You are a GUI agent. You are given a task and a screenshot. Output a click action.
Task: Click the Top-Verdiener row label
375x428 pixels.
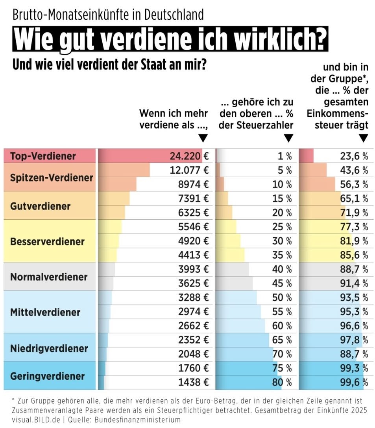(42, 156)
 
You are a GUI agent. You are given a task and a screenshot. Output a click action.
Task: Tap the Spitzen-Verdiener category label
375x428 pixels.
(52, 177)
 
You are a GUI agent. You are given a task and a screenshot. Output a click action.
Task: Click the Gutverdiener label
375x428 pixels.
(40, 206)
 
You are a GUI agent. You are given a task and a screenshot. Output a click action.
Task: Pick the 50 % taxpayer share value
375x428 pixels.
(282, 298)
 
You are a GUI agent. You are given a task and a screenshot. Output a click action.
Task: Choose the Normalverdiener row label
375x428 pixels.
(49, 277)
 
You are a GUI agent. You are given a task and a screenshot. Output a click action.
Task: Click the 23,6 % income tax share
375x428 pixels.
(354, 156)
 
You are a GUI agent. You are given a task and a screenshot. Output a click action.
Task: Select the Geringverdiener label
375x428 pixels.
(47, 376)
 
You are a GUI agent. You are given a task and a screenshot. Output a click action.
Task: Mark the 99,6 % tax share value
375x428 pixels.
(354, 382)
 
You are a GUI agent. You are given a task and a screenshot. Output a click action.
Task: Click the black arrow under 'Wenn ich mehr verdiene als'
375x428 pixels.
(203, 138)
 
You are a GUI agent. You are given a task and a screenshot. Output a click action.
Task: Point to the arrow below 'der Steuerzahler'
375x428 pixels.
(288, 138)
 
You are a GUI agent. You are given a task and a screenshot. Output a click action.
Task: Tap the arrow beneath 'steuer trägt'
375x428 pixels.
(364, 138)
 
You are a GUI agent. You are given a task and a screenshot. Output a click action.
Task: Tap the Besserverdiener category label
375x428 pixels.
(47, 241)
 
